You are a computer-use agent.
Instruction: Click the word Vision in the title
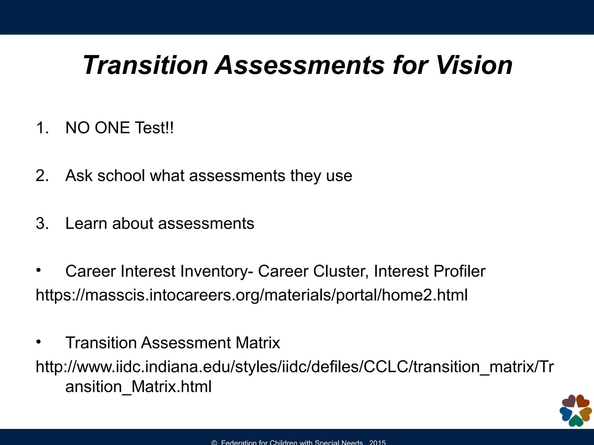pos(474,65)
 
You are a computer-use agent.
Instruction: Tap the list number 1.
pos(42,128)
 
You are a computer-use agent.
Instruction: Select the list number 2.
pos(42,176)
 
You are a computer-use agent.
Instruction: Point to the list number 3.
pos(42,223)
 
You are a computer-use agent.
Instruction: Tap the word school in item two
pos(121,176)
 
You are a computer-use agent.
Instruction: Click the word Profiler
pos(459,271)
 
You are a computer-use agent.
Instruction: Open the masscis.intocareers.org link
pos(251,295)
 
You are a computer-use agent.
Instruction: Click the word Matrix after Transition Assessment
pos(258,343)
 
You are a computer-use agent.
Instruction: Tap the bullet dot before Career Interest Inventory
pos(38,270)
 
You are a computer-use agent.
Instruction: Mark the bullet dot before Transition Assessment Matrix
pos(38,342)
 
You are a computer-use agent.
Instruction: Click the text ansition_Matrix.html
pos(138,386)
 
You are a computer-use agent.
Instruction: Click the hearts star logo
pos(575,411)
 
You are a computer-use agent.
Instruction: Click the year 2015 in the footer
pos(377,442)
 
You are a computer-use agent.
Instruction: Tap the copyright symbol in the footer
pos(214,443)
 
